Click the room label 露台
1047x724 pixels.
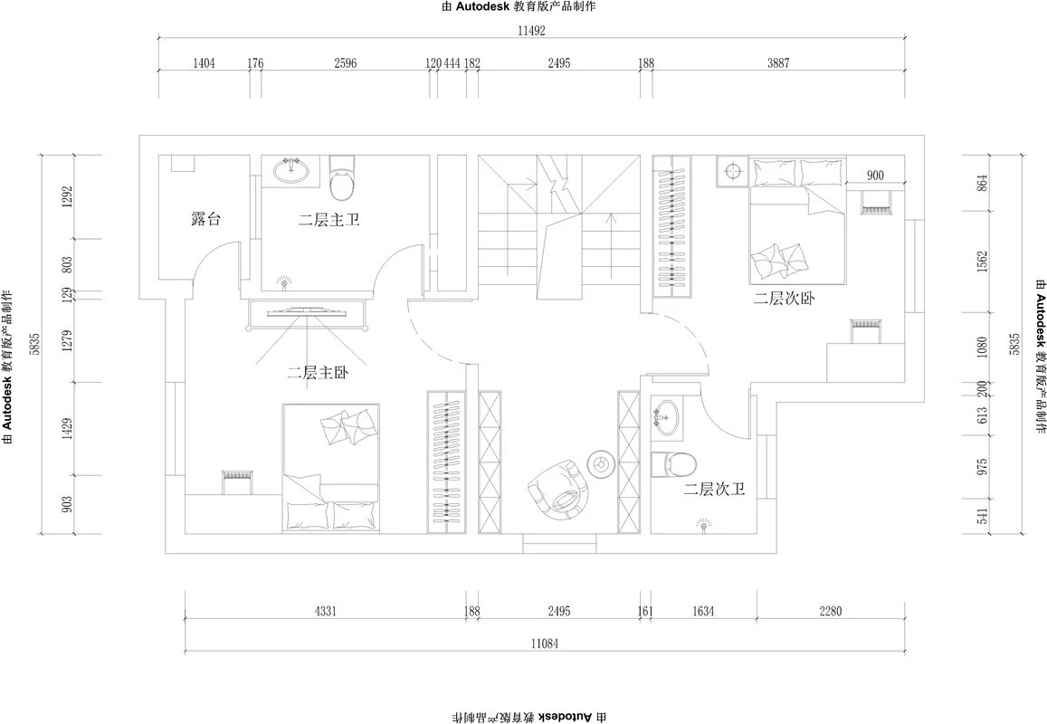tap(205, 218)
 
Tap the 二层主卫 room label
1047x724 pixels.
tap(329, 219)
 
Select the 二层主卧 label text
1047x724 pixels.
tap(318, 373)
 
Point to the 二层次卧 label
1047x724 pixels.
tap(784, 299)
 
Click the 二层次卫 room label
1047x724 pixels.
tap(714, 491)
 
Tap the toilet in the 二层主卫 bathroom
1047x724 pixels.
tap(343, 177)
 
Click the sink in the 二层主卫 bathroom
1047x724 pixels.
tap(291, 169)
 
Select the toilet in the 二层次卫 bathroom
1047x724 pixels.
tap(673, 463)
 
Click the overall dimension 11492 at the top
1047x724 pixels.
tap(532, 30)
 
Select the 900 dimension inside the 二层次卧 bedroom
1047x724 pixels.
tap(875, 175)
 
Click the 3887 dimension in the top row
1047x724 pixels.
tap(778, 63)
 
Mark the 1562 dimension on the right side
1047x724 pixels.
tap(981, 262)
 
